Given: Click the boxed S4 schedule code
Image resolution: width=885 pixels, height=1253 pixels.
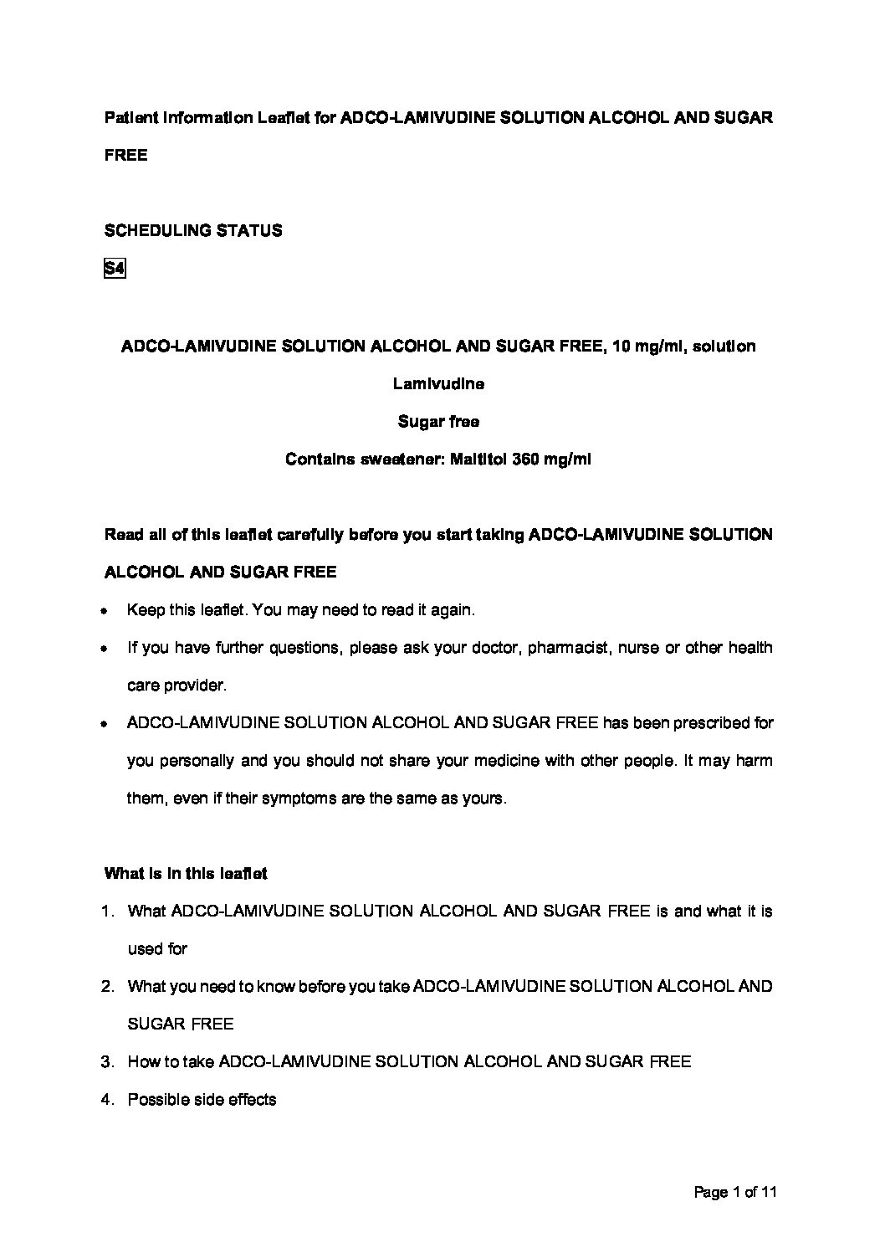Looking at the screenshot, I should pos(114,269).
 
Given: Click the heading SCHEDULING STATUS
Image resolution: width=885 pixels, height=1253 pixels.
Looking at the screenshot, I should pos(193,230).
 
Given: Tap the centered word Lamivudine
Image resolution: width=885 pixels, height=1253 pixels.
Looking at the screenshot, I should pos(438,384).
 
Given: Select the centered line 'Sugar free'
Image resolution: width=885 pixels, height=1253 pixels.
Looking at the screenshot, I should pos(438,422).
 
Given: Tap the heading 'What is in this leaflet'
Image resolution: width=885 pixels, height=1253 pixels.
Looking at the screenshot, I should pos(186,874).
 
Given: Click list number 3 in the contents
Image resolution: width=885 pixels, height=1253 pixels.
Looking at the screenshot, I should pos(107,1062).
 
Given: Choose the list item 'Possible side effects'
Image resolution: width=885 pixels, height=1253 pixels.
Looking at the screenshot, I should pos(202,1100).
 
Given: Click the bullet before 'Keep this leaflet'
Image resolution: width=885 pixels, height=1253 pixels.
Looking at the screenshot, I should pos(104,612).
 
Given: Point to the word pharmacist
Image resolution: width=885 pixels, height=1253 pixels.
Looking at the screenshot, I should pos(568,648).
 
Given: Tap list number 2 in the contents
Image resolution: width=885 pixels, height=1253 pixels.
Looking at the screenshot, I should pos(107,987).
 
